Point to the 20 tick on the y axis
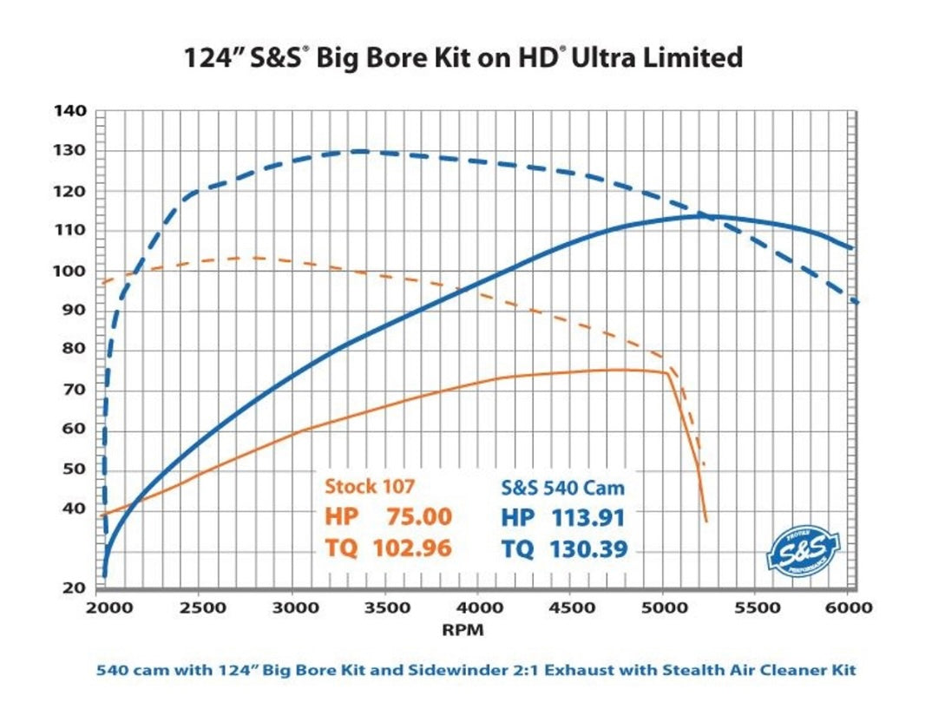(75, 587)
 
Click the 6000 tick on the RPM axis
(851, 607)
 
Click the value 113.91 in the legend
(588, 517)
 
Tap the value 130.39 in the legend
(588, 548)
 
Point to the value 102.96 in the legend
(412, 548)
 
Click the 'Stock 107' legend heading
(371, 487)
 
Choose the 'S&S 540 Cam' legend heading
(563, 487)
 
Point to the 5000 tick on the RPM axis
(664, 607)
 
